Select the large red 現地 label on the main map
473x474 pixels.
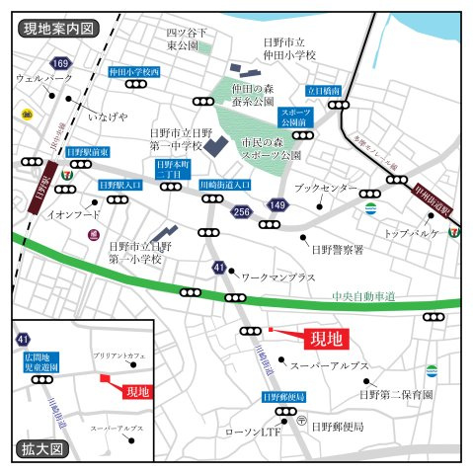[327, 340]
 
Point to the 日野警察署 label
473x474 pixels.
[337, 250]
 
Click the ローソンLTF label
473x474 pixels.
[253, 432]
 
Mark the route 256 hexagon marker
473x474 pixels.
[242, 211]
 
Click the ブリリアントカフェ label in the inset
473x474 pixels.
[118, 354]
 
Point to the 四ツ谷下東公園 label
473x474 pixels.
[184, 39]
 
